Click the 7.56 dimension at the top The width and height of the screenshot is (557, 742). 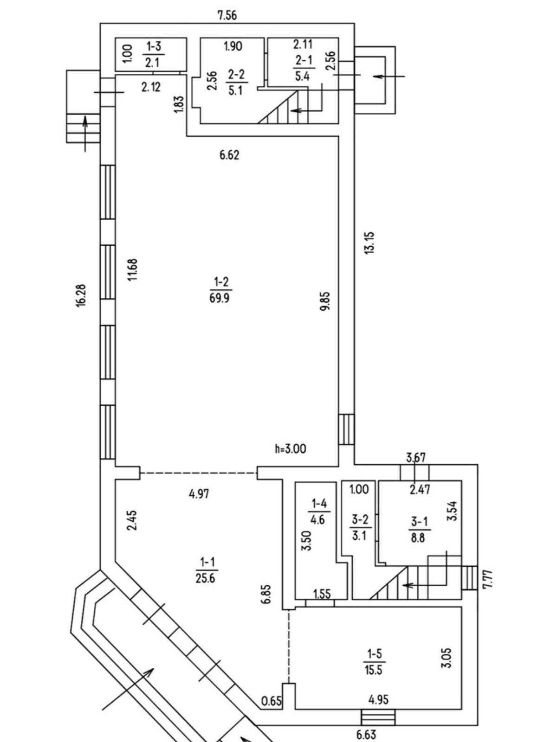tap(227, 16)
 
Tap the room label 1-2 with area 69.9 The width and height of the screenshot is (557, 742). tap(220, 290)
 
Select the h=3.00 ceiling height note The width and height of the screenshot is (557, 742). tap(290, 448)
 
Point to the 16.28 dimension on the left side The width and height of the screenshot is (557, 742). tap(81, 295)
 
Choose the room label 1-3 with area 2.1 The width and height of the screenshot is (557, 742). tap(152, 54)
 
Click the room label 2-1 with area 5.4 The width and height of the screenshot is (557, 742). tap(302, 68)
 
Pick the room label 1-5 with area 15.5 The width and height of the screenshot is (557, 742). tap(374, 662)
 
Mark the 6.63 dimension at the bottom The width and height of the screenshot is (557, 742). tap(366, 735)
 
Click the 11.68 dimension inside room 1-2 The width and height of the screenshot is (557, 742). tap(133, 270)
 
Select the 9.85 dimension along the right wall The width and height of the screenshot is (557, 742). tap(325, 302)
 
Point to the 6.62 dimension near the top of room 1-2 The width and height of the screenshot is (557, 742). tap(229, 155)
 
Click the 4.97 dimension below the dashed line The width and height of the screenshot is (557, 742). tap(199, 493)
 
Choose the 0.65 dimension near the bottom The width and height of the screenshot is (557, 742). tap(272, 701)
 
